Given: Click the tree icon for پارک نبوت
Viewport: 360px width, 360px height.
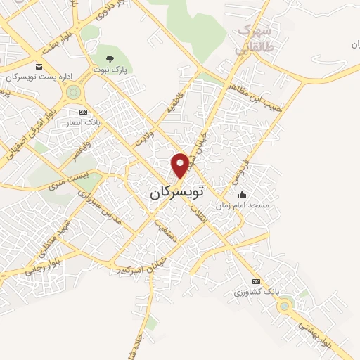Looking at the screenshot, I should point(108,58).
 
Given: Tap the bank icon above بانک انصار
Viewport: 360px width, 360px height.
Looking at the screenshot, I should point(83,112).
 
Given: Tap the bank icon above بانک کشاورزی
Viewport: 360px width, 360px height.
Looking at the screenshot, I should point(256,281).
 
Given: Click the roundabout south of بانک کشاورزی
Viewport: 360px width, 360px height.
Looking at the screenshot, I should point(285,304).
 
